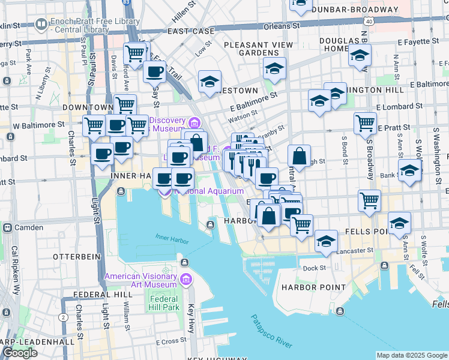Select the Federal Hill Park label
pos(164,303)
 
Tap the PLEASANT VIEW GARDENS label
pos(258,49)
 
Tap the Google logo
pos(20,352)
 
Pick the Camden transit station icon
pos(8,228)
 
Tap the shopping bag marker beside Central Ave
pos(299,157)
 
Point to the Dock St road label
pos(314,268)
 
